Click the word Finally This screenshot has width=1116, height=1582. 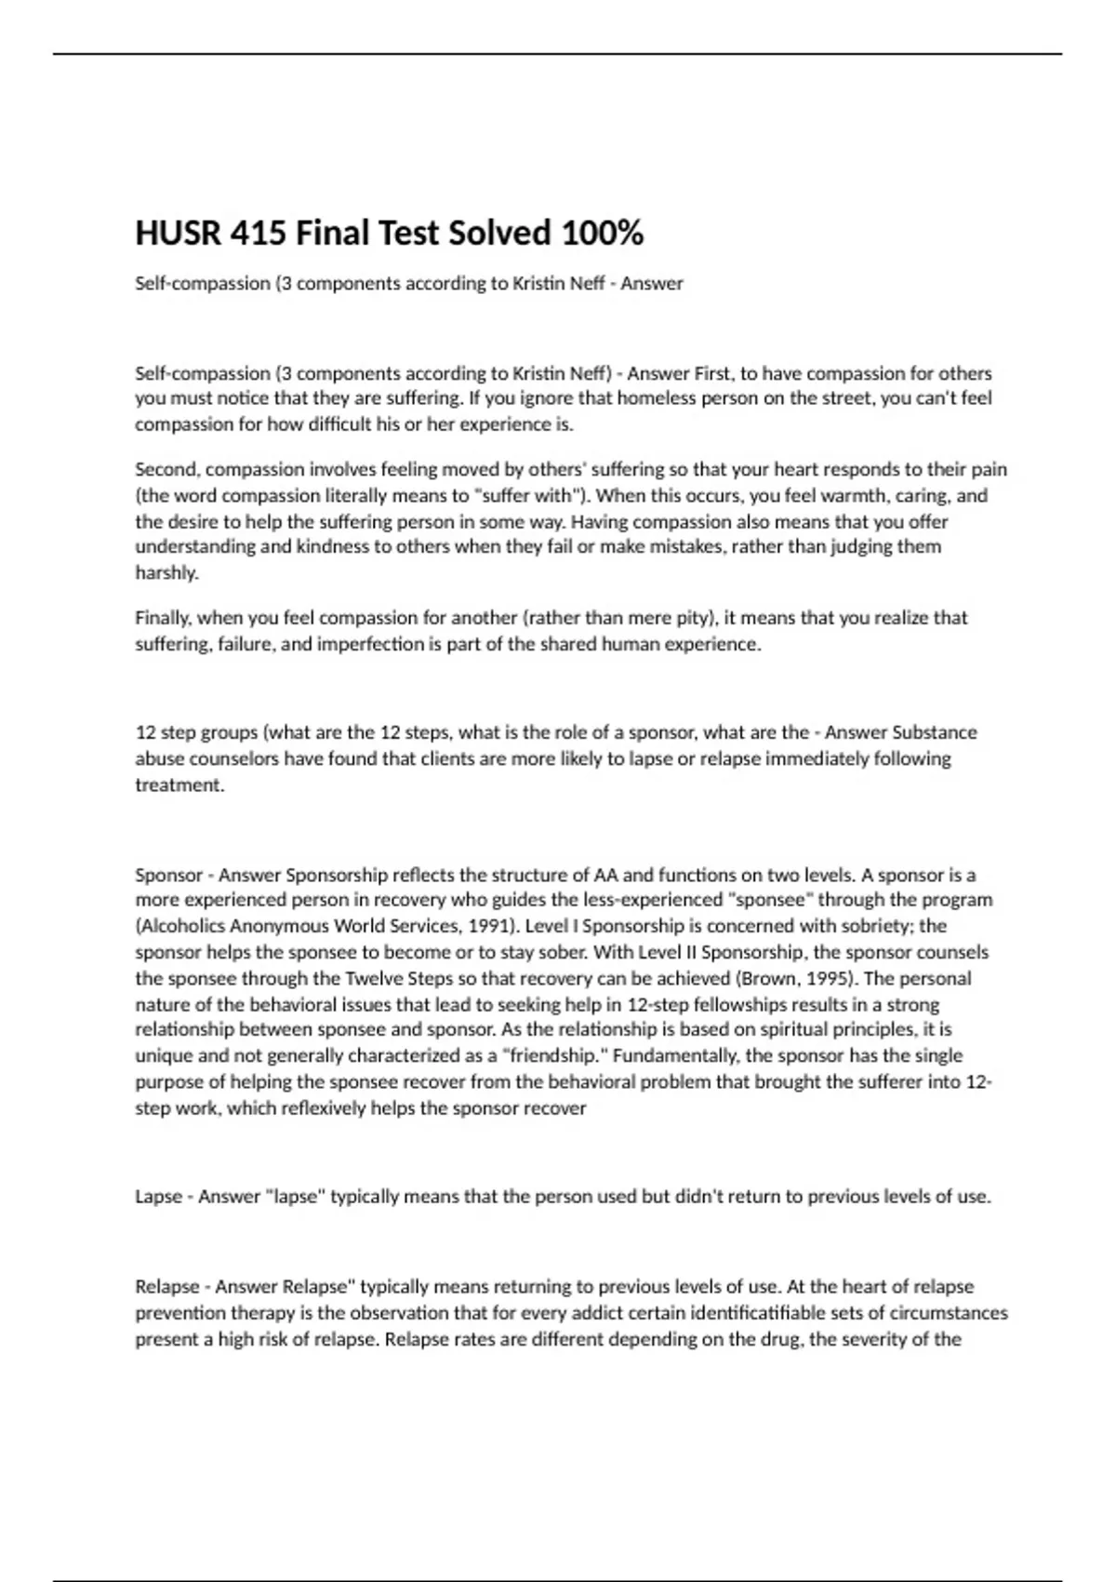[163, 618]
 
